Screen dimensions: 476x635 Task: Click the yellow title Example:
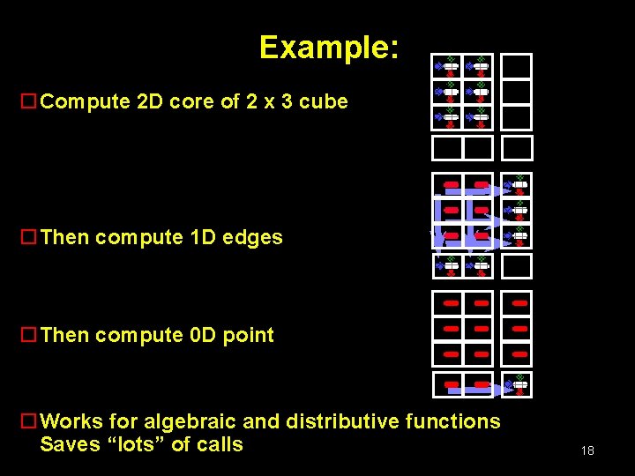[329, 47]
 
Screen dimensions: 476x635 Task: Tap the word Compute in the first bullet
[86, 101]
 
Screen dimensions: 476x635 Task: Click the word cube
[324, 101]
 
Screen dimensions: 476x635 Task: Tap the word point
[249, 335]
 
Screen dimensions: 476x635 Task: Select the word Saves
[70, 444]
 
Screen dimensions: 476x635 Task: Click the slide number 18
[587, 451]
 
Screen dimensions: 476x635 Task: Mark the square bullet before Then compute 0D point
[28, 335]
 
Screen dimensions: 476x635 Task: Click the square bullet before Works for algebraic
[28, 421]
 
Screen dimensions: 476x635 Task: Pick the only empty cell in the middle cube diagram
[518, 265]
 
